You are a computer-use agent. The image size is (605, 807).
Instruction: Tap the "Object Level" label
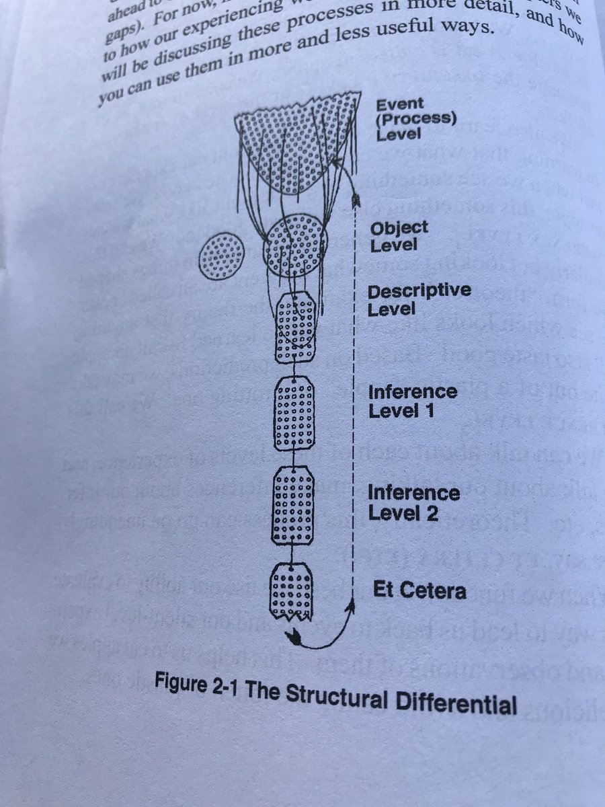click(x=399, y=235)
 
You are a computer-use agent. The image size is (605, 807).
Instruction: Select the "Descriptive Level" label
click(x=419, y=300)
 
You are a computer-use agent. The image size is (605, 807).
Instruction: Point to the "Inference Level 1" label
click(x=412, y=401)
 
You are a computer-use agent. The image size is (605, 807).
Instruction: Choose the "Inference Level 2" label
click(x=413, y=503)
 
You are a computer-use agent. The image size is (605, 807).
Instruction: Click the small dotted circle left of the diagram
click(x=222, y=256)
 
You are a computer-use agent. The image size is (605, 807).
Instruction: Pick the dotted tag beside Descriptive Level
click(x=296, y=328)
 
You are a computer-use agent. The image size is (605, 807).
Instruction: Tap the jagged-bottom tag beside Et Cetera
click(x=290, y=590)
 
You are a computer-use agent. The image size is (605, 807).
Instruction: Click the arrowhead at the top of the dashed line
click(x=356, y=200)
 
